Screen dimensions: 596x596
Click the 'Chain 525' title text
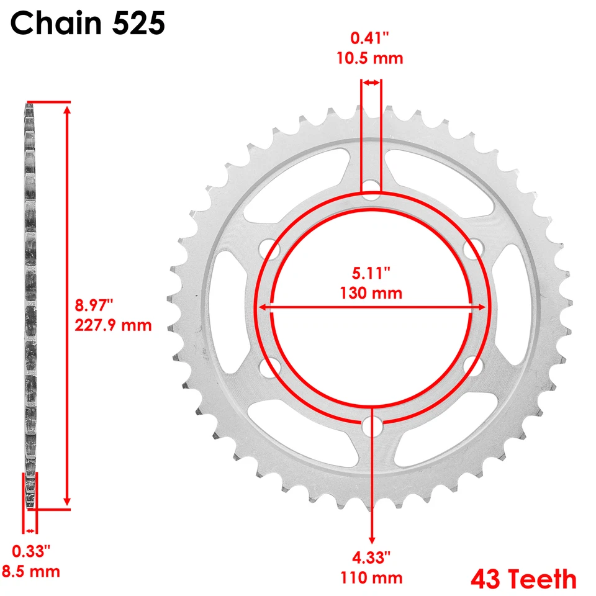pos(88,24)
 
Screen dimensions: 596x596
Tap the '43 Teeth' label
pos(523,579)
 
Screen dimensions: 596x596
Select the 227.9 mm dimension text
pos(113,325)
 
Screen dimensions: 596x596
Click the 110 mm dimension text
pos(372,578)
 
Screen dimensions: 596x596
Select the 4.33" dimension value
pos(372,557)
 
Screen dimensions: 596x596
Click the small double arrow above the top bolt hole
pos(372,82)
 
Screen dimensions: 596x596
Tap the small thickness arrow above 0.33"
pos(30,531)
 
